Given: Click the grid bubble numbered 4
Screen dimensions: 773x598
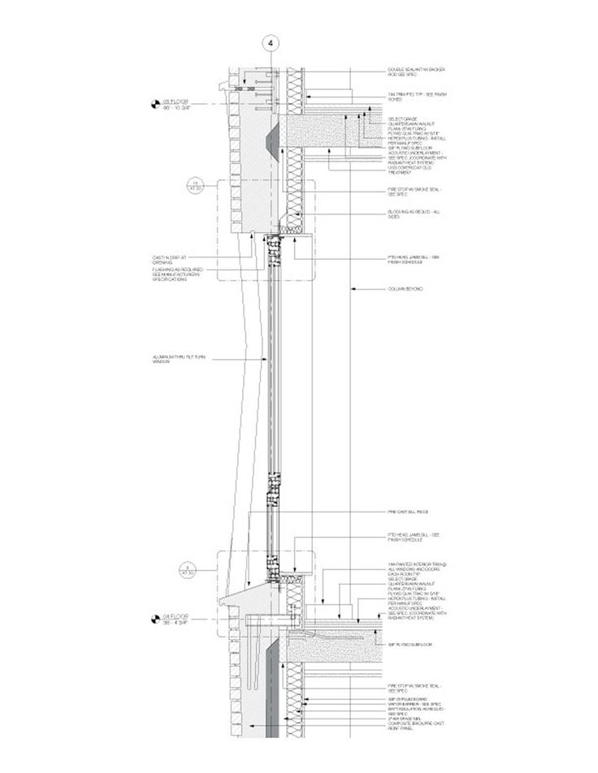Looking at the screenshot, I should (271, 41).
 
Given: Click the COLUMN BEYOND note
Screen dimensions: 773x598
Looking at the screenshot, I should (405, 289).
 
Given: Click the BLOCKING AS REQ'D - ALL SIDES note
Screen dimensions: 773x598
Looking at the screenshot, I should (414, 215).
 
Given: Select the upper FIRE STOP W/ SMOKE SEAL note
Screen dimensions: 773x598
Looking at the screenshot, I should (415, 192).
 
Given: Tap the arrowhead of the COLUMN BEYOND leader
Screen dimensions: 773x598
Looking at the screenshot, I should (351, 289).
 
